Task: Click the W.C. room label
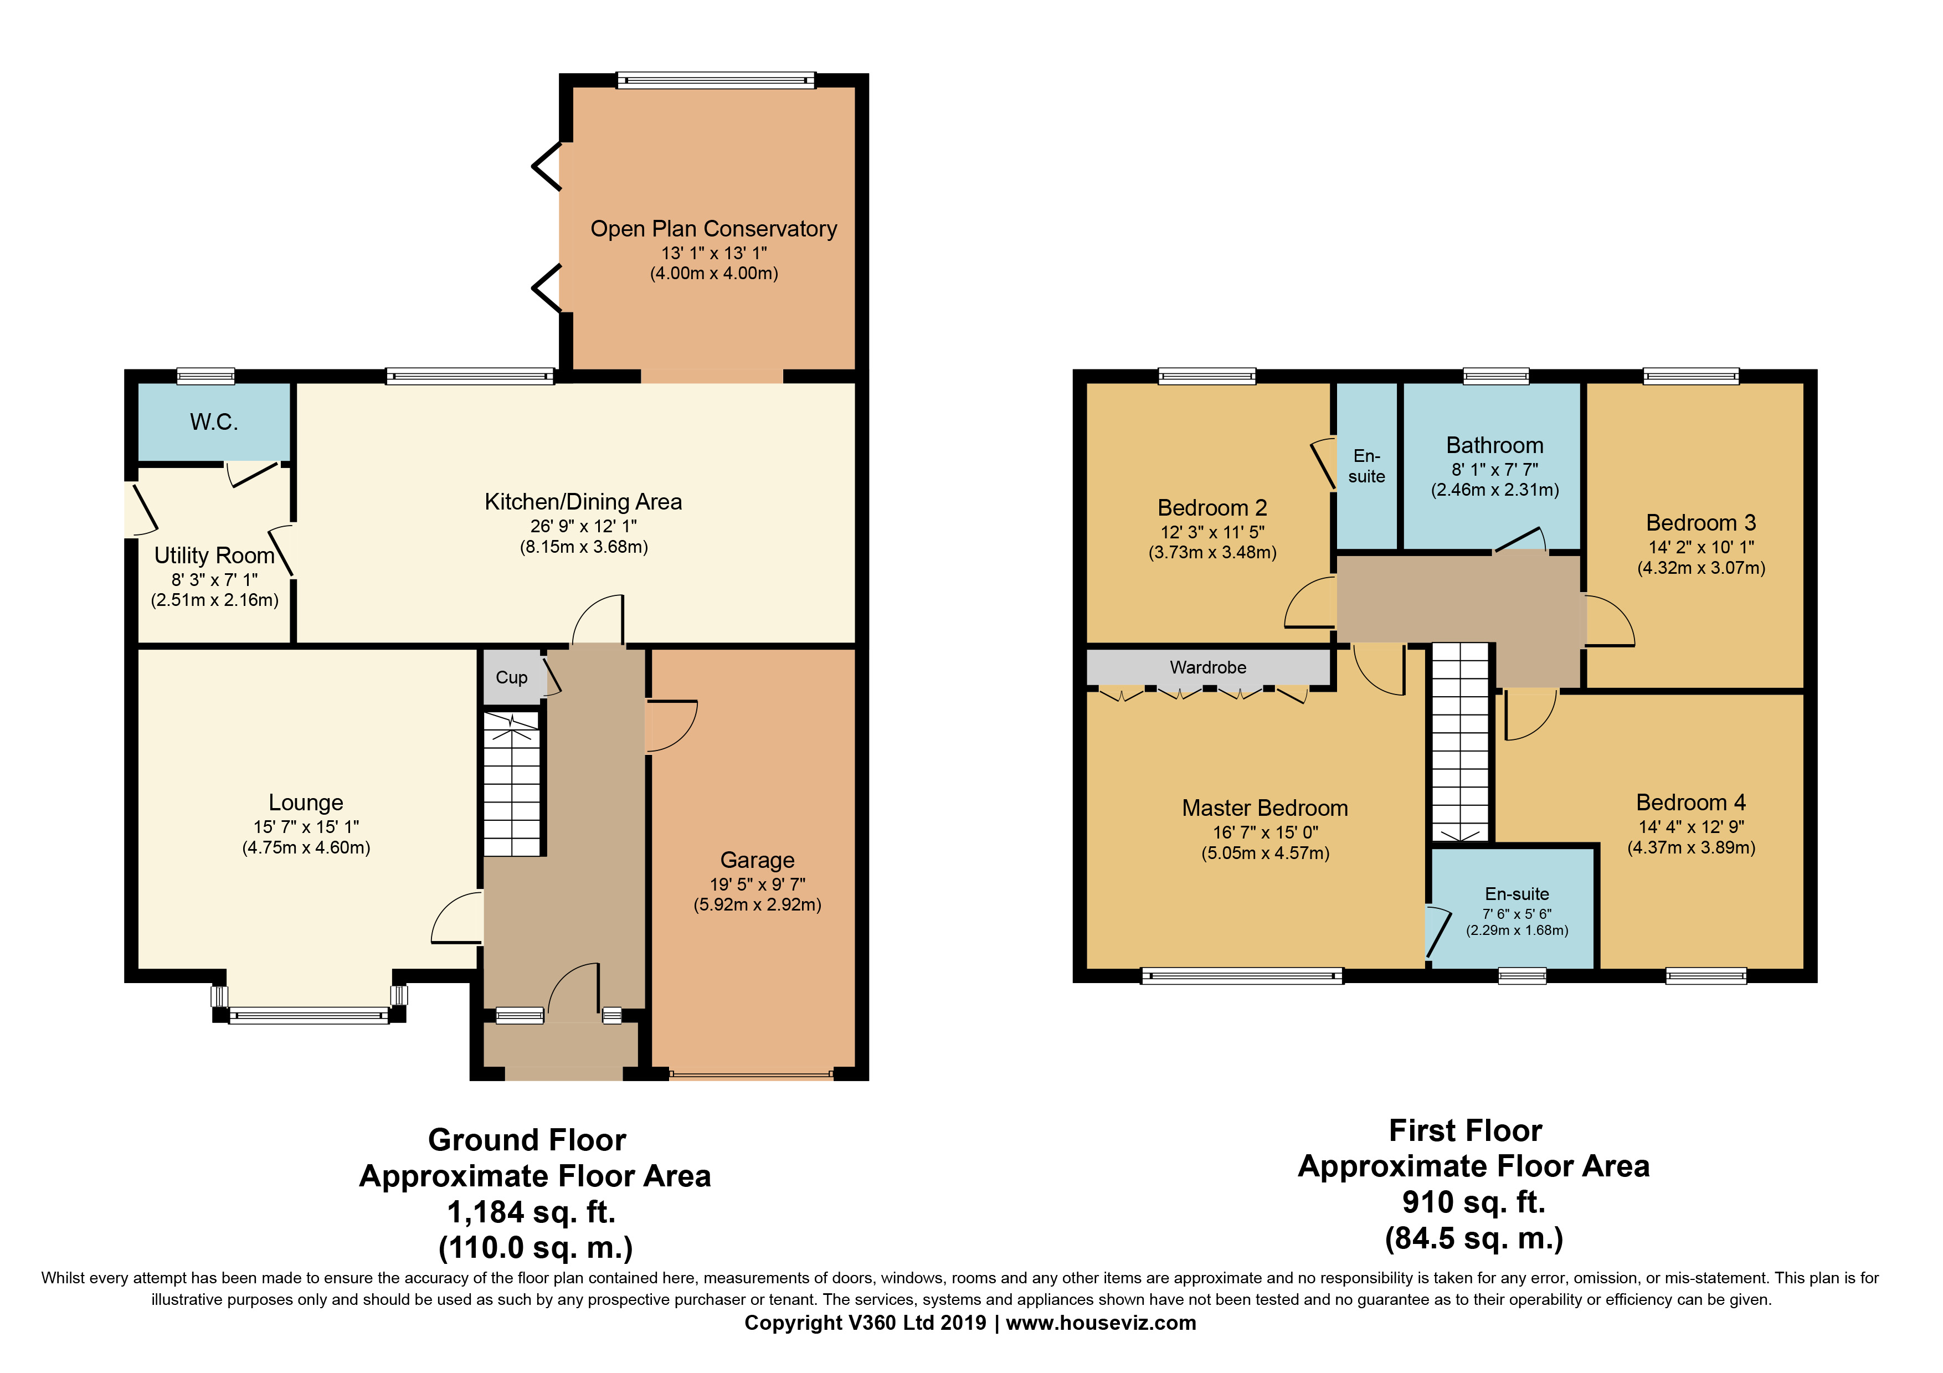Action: (214, 422)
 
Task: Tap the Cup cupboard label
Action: (511, 677)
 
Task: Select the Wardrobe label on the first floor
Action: (1207, 667)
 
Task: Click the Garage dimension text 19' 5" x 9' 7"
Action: (757, 884)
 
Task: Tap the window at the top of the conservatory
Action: (715, 80)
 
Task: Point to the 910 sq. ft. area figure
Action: (1473, 1201)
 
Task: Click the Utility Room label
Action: (214, 556)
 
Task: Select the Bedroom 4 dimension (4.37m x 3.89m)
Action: (1691, 847)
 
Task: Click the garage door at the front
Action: (751, 1074)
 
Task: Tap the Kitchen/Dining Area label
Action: (583, 502)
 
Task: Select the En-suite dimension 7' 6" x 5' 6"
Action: (1517, 914)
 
